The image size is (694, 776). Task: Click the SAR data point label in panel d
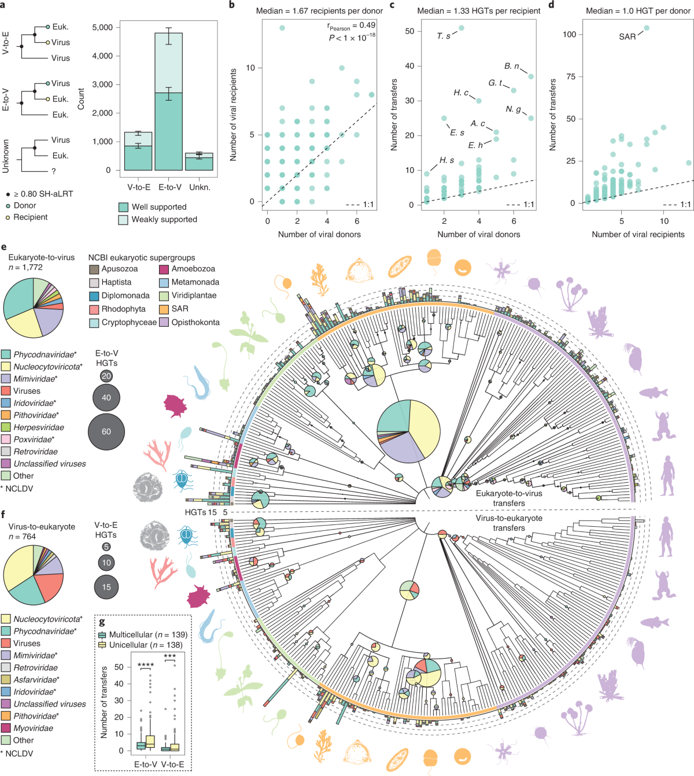tap(627, 36)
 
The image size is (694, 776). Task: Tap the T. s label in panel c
tap(444, 36)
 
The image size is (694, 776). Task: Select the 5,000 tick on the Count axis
tap(102, 27)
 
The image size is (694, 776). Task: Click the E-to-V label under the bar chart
tap(170, 187)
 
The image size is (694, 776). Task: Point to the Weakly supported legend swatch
tap(123, 220)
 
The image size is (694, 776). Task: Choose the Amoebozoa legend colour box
tap(164, 269)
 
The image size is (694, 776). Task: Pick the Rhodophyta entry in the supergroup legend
tap(123, 309)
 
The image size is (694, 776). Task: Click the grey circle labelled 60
tap(106, 431)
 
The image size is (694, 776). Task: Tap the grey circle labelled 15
tap(106, 587)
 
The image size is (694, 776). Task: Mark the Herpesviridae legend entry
tap(38, 427)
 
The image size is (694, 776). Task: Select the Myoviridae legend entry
tap(33, 728)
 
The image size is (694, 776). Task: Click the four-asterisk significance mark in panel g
tap(145, 666)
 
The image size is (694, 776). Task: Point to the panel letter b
tap(232, 5)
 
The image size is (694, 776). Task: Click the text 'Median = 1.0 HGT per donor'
tap(638, 11)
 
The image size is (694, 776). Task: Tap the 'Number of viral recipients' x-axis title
tap(638, 234)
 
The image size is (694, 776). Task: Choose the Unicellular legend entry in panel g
tap(145, 645)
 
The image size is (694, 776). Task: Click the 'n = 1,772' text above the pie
tap(25, 267)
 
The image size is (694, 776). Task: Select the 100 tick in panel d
tap(569, 34)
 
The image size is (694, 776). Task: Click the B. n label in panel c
tap(511, 66)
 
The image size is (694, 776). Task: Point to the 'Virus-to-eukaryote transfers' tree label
tap(509, 523)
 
